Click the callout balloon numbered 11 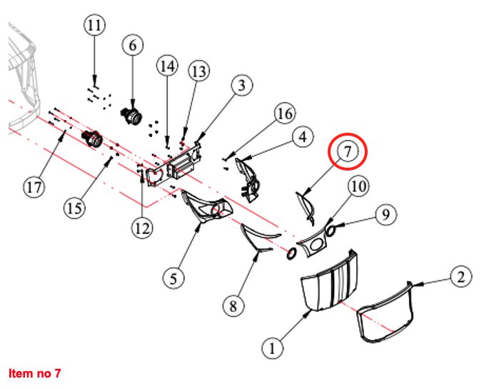[94, 25]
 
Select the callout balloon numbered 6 [133, 46]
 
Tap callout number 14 [167, 66]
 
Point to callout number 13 [199, 71]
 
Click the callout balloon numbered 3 [242, 85]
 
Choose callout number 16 [285, 113]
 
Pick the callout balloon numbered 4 [303, 137]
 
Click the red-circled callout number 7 [347, 151]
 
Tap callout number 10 [358, 186]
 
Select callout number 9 [385, 214]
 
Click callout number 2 [461, 276]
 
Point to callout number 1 [273, 348]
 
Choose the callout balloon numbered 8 [233, 305]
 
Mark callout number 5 [173, 278]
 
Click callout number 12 [142, 228]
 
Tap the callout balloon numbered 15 [74, 208]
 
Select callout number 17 [34, 187]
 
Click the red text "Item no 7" [35, 373]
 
